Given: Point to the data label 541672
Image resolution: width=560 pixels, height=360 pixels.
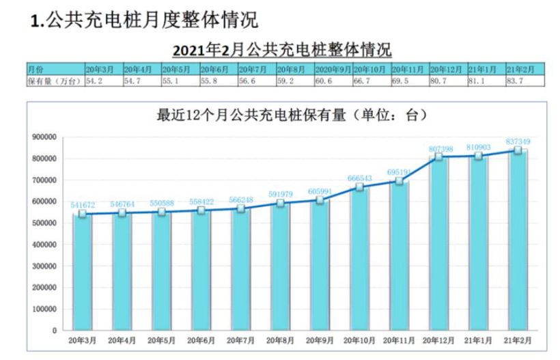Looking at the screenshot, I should [83, 205].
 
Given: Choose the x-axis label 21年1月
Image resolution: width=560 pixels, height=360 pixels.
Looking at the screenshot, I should [478, 340].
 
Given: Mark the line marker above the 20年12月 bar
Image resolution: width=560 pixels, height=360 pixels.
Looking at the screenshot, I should [438, 157].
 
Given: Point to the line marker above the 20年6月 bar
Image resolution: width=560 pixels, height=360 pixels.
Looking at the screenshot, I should [201, 210].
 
